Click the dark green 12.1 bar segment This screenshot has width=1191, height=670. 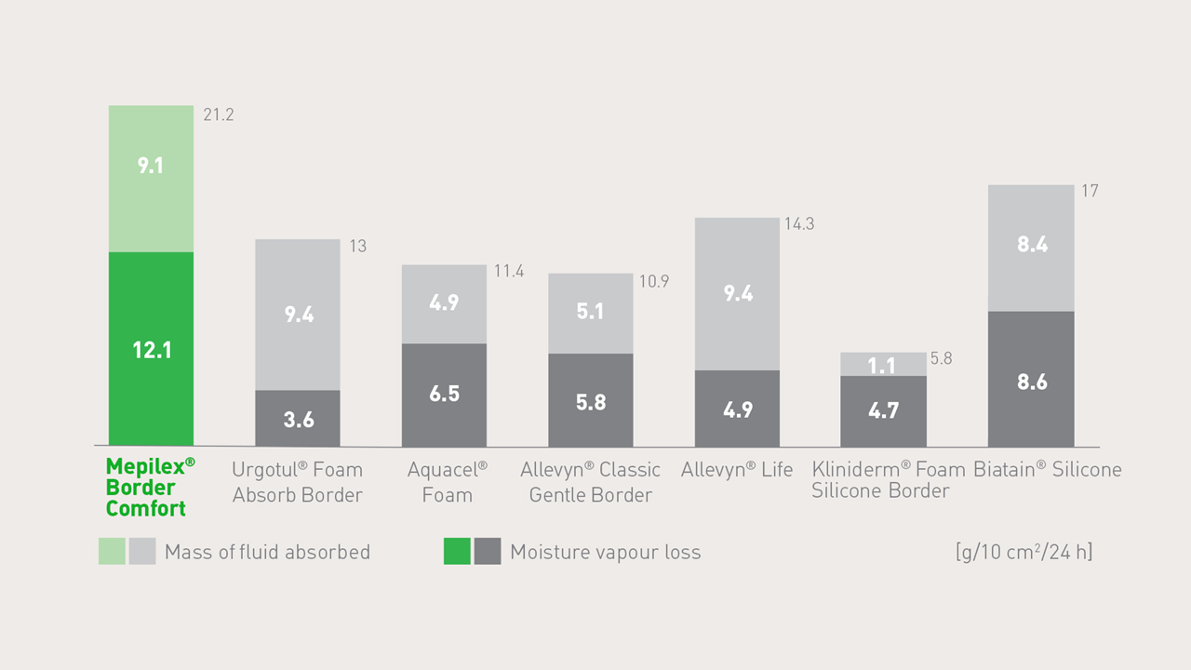pos(151,349)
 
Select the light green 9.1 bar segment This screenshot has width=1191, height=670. pos(151,178)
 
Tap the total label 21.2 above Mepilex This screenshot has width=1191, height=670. pos(219,115)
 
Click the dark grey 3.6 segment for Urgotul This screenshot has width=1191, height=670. pos(298,419)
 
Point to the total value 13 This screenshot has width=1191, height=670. pos(357,247)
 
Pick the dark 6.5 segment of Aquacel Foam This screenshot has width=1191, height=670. pos(444,395)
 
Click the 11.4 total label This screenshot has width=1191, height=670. pos(509,272)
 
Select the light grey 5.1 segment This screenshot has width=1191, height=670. pos(590,313)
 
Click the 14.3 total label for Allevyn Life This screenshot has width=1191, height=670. pos(799,224)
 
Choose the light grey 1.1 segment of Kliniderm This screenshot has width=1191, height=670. pos(883,365)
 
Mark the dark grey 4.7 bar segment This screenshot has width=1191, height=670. pos(883,410)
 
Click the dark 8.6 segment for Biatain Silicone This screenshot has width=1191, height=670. pos(1031,379)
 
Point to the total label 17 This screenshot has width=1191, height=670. pos(1090,191)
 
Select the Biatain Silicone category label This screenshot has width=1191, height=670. pos(1047,470)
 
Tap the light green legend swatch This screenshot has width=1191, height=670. pos(112,552)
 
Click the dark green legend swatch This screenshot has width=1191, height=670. pos(457,552)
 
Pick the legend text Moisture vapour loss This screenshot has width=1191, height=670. pos(605,553)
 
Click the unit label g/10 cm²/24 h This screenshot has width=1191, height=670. pos(1024,552)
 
